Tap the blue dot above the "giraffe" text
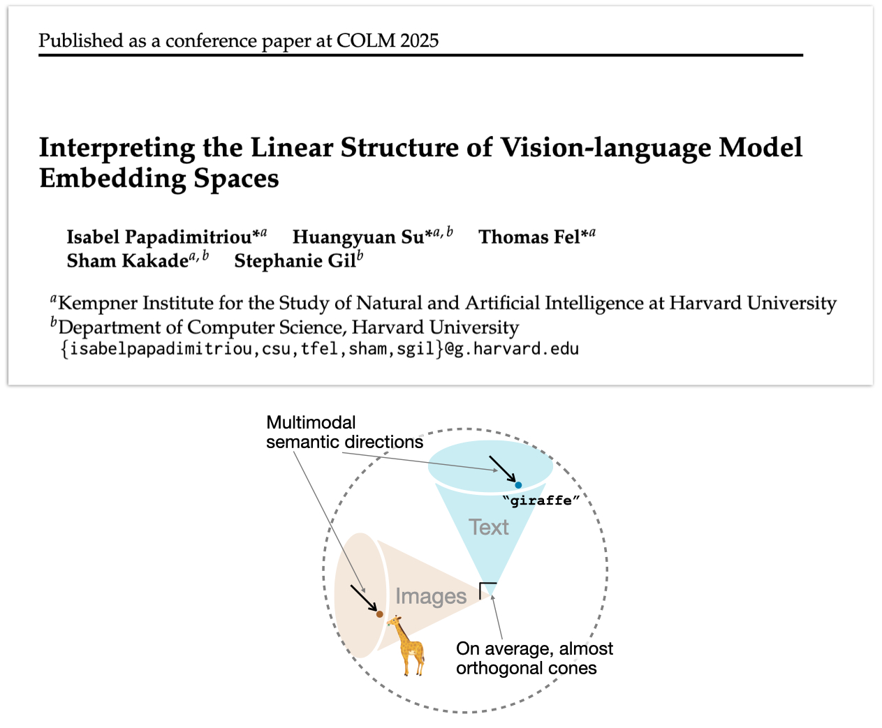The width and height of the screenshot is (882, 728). click(x=518, y=484)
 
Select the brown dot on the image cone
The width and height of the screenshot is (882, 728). click(x=379, y=614)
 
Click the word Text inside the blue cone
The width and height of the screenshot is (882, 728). click(x=488, y=527)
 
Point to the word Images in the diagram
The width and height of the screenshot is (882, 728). click(x=430, y=596)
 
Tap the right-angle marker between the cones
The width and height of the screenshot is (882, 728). click(x=487, y=590)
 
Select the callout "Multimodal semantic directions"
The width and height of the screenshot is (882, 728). click(x=344, y=432)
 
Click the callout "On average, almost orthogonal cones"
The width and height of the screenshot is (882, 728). click(x=534, y=658)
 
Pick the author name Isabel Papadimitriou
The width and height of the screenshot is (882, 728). click(x=159, y=237)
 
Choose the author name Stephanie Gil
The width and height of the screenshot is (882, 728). click(x=295, y=261)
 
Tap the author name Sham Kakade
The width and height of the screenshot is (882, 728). click(x=128, y=261)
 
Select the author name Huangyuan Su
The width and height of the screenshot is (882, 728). click(x=358, y=237)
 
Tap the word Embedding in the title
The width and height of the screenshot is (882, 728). click(x=112, y=179)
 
